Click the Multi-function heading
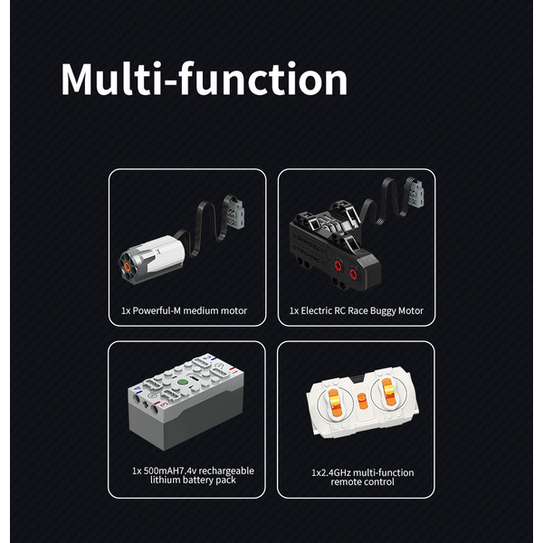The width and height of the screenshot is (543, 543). pos(205,79)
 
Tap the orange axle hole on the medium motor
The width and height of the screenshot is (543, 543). pos(127,267)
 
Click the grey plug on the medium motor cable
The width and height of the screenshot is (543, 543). pos(235,212)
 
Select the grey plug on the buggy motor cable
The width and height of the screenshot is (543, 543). pos(415,195)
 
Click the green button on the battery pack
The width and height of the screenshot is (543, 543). pos(183,383)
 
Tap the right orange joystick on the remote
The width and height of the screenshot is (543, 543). pos(387,392)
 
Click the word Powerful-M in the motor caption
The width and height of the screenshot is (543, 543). pos(157,310)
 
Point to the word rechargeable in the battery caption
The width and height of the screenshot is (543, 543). pos(226,471)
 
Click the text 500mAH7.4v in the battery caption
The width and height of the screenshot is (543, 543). pos(170,471)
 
